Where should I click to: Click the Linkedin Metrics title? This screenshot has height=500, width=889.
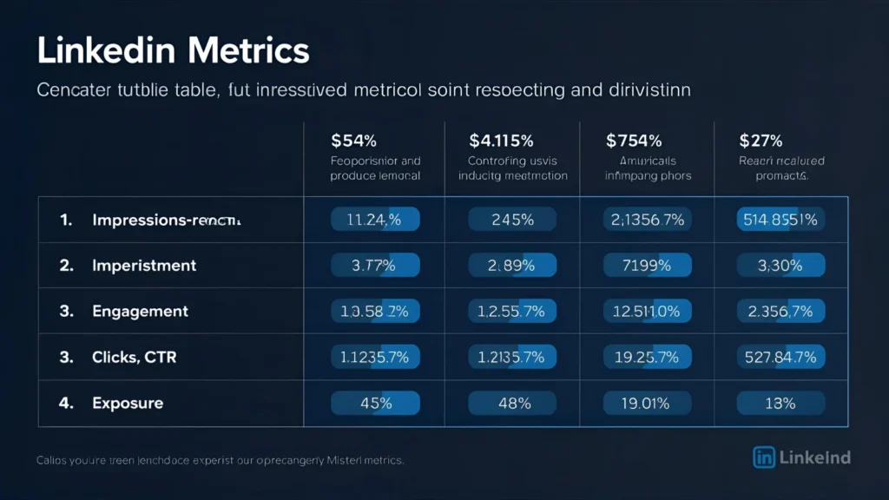point(173,51)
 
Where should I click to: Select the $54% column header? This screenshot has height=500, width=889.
point(354,140)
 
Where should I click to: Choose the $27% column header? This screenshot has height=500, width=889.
point(761,140)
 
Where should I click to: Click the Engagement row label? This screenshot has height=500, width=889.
point(140,311)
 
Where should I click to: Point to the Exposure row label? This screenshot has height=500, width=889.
point(128,403)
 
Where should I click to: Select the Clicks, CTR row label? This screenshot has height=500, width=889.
point(134,357)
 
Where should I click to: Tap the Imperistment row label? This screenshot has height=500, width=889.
point(144,266)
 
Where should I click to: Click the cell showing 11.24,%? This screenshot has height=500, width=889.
point(374,220)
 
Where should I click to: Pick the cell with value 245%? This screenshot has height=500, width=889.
point(512,220)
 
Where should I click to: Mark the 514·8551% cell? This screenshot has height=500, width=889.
point(780,220)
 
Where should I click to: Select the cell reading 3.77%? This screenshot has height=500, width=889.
point(374,266)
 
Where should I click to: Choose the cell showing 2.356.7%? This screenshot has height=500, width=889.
point(780,311)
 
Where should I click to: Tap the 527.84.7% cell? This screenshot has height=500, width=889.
point(780,357)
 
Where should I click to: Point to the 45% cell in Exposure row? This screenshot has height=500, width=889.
point(376,403)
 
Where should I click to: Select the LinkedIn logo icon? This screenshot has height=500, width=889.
point(764,457)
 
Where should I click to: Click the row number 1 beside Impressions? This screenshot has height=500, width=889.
point(65,220)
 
